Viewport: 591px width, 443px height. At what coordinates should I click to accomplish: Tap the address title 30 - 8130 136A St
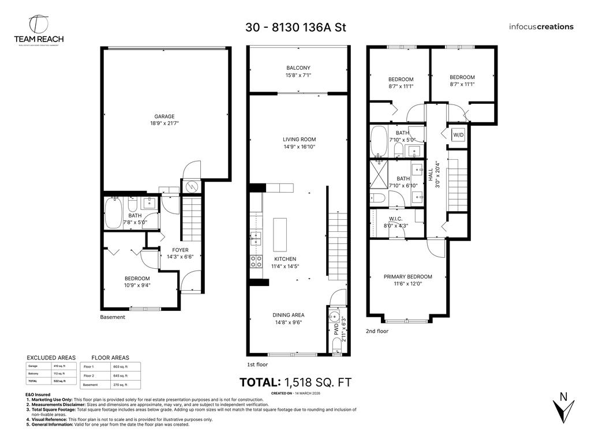click(x=295, y=27)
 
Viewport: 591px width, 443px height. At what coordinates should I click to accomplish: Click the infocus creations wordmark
click(x=541, y=27)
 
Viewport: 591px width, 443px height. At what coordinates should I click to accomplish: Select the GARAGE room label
click(x=164, y=119)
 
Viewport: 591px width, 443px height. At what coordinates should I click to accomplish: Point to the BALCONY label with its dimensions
click(x=298, y=71)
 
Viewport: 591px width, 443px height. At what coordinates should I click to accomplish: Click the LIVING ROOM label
click(x=299, y=142)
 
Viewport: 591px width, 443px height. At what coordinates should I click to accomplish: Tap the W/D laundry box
click(x=458, y=135)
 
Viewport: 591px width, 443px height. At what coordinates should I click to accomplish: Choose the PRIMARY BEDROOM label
click(x=407, y=280)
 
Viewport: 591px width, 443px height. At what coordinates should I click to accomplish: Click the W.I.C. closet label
click(x=396, y=221)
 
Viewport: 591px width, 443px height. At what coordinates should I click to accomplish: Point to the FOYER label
click(x=180, y=253)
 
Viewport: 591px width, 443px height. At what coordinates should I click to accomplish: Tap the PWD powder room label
click(x=336, y=329)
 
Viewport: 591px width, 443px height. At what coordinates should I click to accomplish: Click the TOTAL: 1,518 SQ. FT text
click(x=295, y=382)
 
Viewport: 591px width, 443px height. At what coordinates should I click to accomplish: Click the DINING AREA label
click(x=289, y=318)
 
